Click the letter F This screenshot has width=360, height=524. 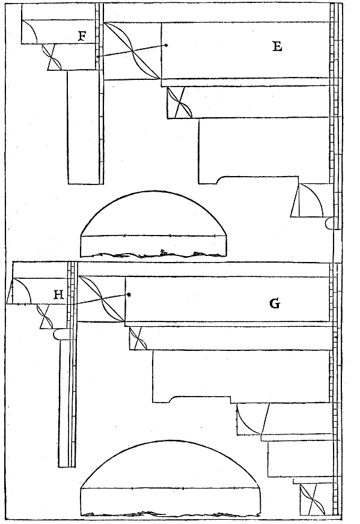tap(82, 36)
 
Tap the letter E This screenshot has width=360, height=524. tap(277, 46)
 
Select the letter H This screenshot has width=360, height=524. tap(58, 294)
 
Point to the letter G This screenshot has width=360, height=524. tap(275, 303)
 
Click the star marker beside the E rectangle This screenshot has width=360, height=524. tap(166, 45)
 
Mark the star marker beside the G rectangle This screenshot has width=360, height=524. tap(129, 294)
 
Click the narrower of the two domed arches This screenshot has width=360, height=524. tap(153, 224)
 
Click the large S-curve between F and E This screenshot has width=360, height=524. tap(133, 51)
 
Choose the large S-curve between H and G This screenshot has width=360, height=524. tap(102, 299)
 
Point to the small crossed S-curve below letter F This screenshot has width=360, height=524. tap(52, 57)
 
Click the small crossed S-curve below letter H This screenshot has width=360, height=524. tap(45, 316)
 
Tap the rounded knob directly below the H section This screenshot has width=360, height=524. tap(60, 334)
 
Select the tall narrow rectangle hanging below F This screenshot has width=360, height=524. tap(84, 127)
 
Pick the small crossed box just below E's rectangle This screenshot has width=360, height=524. tap(180, 103)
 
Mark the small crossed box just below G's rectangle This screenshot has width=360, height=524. tap(138, 338)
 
